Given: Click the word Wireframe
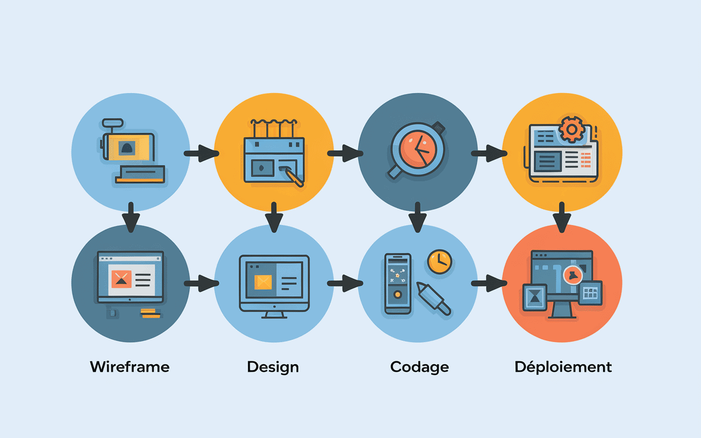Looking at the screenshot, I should point(130,366).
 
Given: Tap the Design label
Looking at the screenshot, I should point(273,366).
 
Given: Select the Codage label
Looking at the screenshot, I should point(420,366).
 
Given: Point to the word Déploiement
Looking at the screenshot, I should point(563,366).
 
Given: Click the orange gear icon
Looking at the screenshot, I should point(571,130).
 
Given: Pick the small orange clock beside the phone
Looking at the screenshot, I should point(440,262).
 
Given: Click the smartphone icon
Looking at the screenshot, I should point(398,283).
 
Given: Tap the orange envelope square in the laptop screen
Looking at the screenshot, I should point(122,279).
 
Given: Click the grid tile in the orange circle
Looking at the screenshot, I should point(590,293).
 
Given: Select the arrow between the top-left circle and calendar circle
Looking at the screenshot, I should point(200,154).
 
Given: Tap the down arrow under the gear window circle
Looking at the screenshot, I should point(562,217).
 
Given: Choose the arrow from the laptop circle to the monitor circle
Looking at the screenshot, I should point(200,284).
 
